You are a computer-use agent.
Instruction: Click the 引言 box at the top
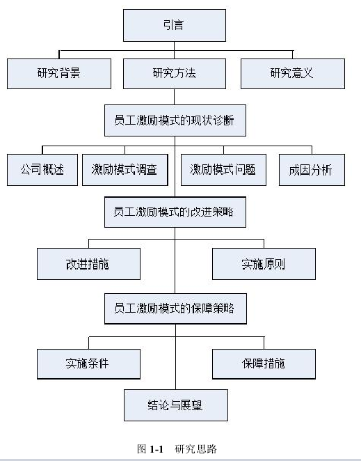tap(175, 25)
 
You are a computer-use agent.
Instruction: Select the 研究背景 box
tap(59, 74)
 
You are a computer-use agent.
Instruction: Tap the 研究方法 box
tap(175, 74)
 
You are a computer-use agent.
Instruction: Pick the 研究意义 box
tap(293, 74)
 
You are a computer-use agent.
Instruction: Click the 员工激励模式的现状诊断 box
tap(175, 120)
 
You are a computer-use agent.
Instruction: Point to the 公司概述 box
tap(42, 170)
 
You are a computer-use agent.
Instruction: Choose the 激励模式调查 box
tap(125, 170)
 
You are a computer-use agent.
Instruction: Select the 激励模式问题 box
tap(223, 170)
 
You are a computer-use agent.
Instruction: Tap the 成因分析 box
tap(312, 170)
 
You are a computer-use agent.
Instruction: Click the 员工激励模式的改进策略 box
tap(175, 212)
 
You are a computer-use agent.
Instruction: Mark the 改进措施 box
tap(88, 264)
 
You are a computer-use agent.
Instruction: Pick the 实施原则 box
tap(264, 264)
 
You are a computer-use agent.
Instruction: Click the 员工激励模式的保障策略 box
tap(175, 308)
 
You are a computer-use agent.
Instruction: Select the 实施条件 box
tap(88, 364)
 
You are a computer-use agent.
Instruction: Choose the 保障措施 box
tap(264, 364)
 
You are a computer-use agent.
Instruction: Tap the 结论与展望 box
tap(176, 405)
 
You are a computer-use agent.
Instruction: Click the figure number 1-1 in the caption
tap(157, 449)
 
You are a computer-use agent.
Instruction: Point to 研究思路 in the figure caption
tap(195, 449)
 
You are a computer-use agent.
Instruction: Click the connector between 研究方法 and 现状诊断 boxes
tap(174, 97)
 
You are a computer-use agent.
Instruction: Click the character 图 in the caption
tap(142, 449)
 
